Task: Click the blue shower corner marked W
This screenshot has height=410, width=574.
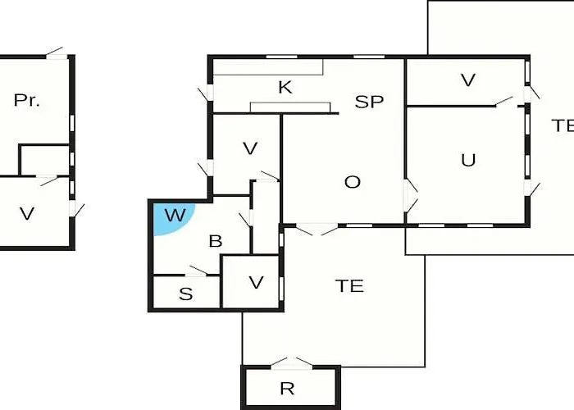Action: pyautogui.click(x=171, y=218)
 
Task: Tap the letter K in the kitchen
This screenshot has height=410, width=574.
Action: pyautogui.click(x=285, y=88)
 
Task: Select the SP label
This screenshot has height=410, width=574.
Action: pyautogui.click(x=369, y=102)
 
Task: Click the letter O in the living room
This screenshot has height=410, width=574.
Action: pyautogui.click(x=353, y=182)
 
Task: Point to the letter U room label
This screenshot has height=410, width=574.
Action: pyautogui.click(x=468, y=160)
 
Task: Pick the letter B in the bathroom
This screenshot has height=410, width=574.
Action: pyautogui.click(x=216, y=241)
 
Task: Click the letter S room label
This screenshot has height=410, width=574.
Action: pyautogui.click(x=186, y=294)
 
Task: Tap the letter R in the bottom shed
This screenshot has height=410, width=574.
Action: pyautogui.click(x=287, y=389)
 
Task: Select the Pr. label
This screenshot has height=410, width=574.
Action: pyautogui.click(x=26, y=100)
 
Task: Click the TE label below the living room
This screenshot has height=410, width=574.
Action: pyautogui.click(x=349, y=286)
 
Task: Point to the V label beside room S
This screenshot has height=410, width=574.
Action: pyautogui.click(x=256, y=282)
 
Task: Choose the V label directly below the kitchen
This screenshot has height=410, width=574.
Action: pyautogui.click(x=250, y=148)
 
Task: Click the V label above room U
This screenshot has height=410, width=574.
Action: pyautogui.click(x=468, y=80)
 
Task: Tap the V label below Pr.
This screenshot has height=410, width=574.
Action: pyautogui.click(x=27, y=213)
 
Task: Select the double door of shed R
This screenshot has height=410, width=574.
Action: pyautogui.click(x=291, y=362)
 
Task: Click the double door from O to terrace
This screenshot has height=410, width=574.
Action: pyautogui.click(x=317, y=230)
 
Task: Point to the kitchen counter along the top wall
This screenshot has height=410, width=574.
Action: pyautogui.click(x=268, y=67)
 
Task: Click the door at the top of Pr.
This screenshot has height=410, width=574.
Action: pyautogui.click(x=55, y=53)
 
